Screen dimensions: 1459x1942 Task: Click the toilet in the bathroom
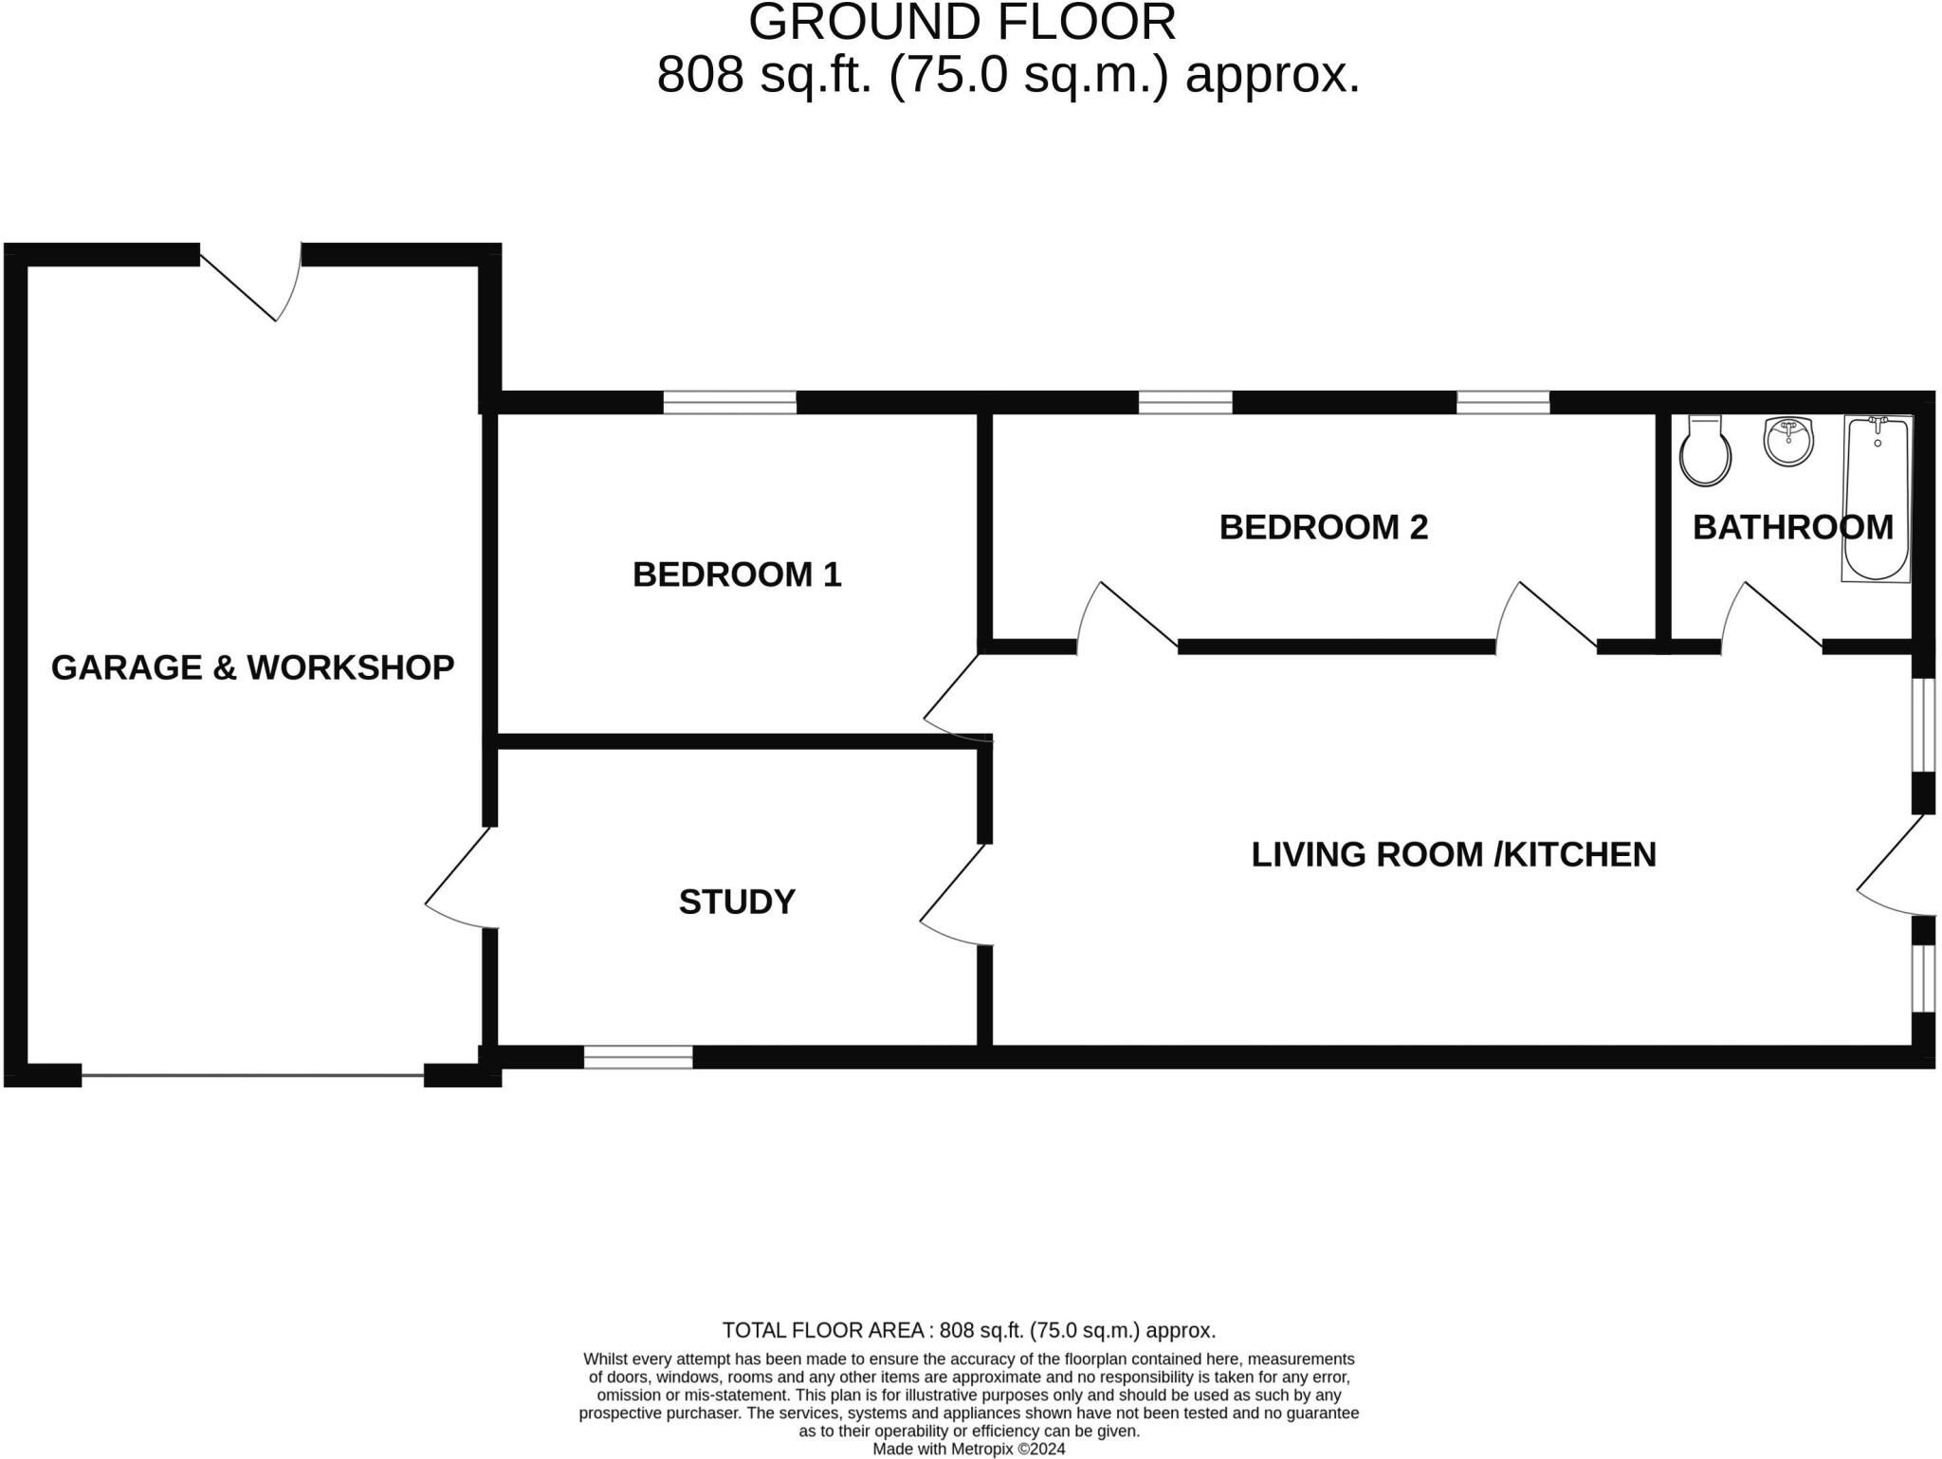tap(1705, 452)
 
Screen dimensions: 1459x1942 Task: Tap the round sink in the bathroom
tap(1788, 442)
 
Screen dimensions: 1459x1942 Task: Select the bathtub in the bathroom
tap(1877, 498)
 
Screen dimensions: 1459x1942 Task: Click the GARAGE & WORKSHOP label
tap(252, 667)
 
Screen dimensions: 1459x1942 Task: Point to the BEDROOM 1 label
tap(737, 574)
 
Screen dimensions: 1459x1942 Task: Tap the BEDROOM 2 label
tap(1323, 527)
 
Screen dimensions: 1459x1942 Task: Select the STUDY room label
tap(737, 902)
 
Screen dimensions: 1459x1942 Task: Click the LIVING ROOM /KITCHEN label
tap(1453, 854)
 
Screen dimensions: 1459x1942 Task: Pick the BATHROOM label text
tap(1792, 527)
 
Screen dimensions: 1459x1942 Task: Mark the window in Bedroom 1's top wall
tap(729, 403)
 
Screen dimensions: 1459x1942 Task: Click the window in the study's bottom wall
tap(638, 1056)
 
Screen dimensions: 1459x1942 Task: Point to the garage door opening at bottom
tap(252, 1074)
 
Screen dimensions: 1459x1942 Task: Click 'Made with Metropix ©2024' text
tap(968, 1449)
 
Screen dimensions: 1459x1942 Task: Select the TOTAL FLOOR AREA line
tap(968, 1330)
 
